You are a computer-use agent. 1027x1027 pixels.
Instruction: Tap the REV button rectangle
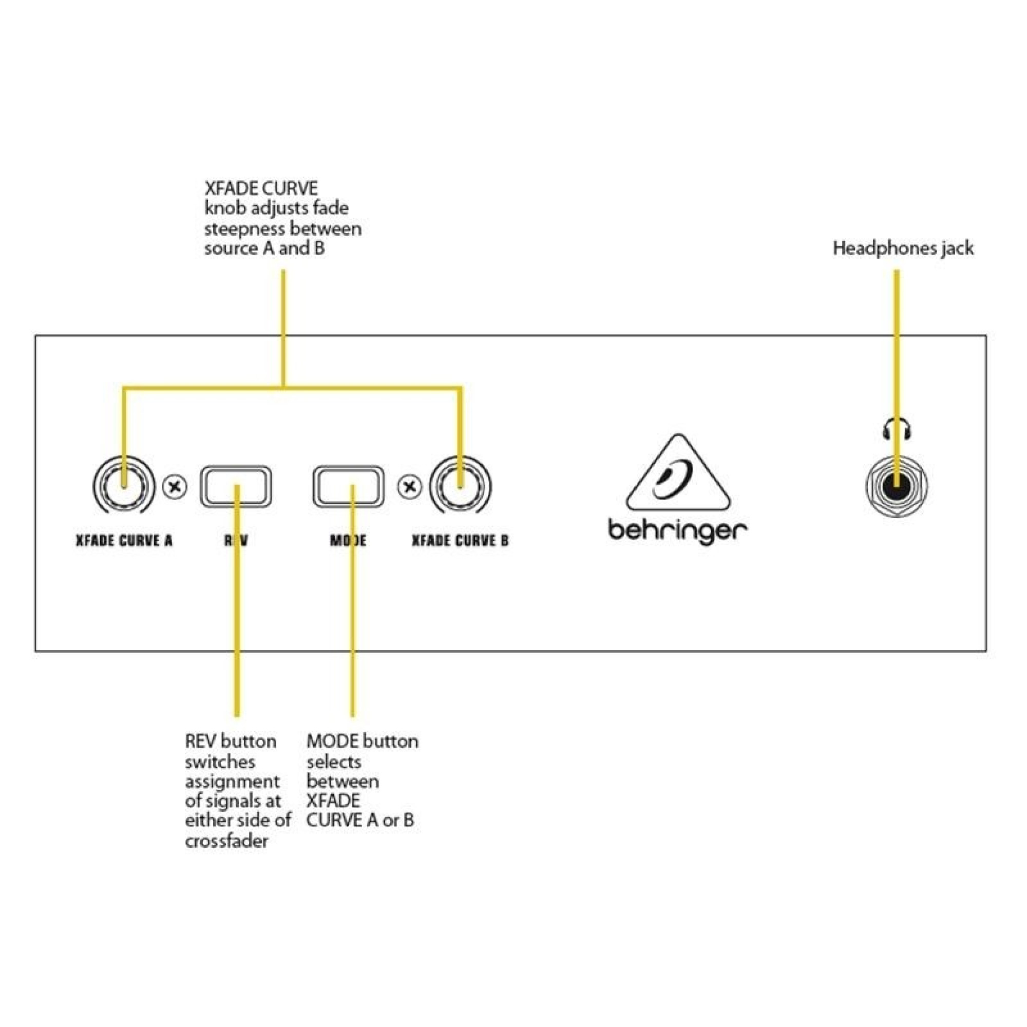pos(236,486)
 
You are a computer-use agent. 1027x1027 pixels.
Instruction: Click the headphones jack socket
pos(896,487)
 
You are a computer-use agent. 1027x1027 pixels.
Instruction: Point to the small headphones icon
pos(897,428)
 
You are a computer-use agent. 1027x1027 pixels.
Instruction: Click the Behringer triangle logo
pos(678,473)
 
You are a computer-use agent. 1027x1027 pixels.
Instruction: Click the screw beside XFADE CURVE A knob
pos(175,487)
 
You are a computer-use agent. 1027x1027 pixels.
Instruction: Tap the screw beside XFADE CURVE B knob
pos(409,487)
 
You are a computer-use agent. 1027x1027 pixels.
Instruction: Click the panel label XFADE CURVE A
pos(124,541)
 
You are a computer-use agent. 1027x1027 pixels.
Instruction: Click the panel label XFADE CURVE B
pos(460,541)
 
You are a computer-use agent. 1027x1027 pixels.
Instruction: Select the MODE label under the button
pos(348,541)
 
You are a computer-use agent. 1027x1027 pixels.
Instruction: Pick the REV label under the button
pos(236,541)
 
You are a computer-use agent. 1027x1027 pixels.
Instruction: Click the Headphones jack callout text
pos(903,248)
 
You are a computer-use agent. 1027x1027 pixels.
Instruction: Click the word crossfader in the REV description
pos(226,841)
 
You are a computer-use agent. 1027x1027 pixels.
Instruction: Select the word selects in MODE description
pos(334,762)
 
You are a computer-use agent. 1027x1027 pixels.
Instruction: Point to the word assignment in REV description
pos(232,782)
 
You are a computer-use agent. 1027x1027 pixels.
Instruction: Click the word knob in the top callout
pos(225,208)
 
